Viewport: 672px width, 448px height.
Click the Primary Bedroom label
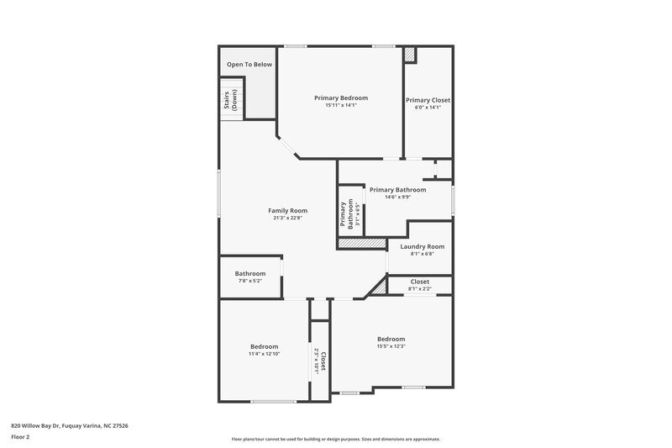point(341,98)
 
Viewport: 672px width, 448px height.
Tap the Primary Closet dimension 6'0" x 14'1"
point(428,108)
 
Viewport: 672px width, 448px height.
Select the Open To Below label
point(249,64)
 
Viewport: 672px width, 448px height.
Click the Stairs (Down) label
point(230,101)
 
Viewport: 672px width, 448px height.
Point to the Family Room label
point(287,210)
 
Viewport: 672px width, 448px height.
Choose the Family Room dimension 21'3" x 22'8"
point(287,219)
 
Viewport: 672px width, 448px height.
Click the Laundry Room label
point(423,246)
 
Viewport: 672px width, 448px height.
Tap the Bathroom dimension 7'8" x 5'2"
point(249,281)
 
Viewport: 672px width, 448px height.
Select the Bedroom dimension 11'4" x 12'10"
point(264,354)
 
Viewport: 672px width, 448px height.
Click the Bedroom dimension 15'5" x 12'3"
point(391,346)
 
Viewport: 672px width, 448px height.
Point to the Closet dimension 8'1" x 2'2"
point(420,289)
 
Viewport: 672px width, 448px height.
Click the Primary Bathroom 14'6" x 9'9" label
point(397,190)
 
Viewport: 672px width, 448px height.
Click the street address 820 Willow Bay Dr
point(70,425)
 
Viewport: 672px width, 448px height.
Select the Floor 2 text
point(20,437)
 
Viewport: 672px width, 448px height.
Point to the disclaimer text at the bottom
point(335,439)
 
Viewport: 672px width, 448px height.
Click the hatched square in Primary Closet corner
point(410,54)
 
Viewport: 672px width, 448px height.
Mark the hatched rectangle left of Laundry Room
point(362,243)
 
